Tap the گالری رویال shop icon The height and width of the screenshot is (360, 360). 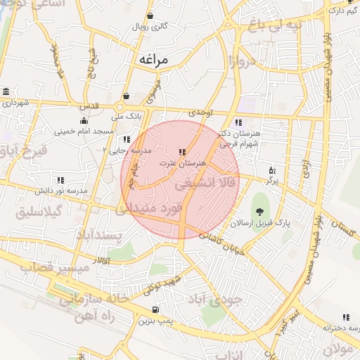pyautogui.click(x=150, y=16)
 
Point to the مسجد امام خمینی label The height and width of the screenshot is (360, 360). pyautogui.click(x=84, y=131)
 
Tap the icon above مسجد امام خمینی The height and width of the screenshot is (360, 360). pyautogui.click(x=84, y=121)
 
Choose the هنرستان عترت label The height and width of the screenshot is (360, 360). pyautogui.click(x=183, y=162)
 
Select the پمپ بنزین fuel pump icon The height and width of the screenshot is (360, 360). pyautogui.click(x=155, y=310)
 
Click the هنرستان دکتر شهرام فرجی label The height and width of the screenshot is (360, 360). pyautogui.click(x=239, y=137)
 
